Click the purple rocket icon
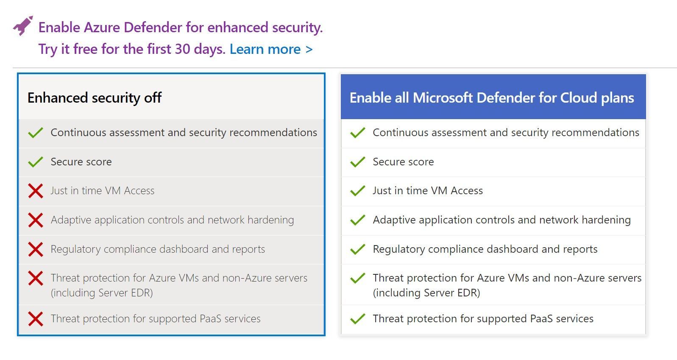coord(23,26)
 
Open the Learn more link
coord(271,49)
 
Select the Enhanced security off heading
coord(95,98)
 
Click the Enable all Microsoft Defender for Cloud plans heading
coord(492,98)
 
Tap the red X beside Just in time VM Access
coord(36,191)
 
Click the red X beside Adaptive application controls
coord(36,220)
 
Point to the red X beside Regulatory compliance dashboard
coord(36,249)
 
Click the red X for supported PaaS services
coord(36,319)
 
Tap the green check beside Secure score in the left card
coord(36,162)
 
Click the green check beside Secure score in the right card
coord(358,162)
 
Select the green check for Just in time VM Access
coord(358,191)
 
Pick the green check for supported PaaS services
coord(358,319)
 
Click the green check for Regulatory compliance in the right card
coord(358,249)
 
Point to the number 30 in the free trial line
coord(182,49)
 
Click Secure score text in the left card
coord(81,162)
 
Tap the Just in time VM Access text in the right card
coord(428,191)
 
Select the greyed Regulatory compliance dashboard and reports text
coord(158,249)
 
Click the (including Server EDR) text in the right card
coord(426,293)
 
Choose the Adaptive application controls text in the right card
coord(501,220)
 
